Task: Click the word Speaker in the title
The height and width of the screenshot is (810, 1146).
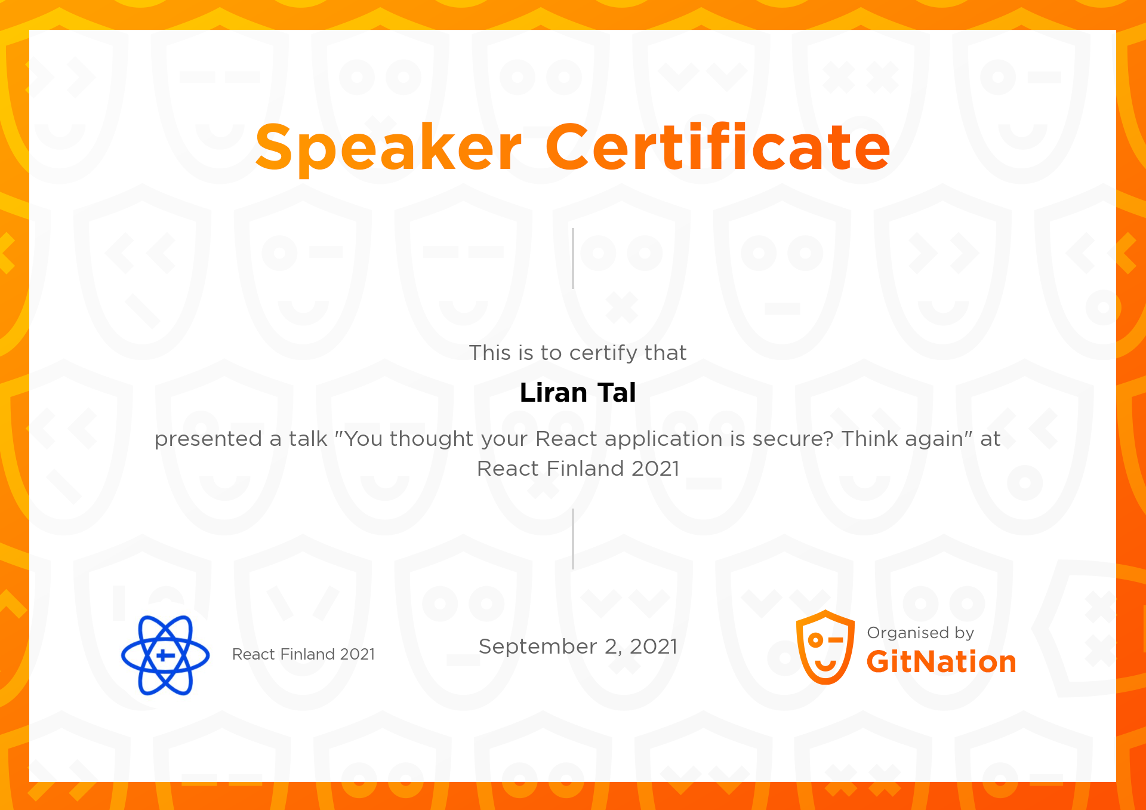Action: click(x=388, y=147)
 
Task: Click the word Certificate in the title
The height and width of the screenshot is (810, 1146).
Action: click(x=717, y=147)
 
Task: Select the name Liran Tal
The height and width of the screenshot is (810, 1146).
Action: click(x=578, y=393)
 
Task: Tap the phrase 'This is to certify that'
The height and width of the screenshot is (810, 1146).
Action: click(x=578, y=353)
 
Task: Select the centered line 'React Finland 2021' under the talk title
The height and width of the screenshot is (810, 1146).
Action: click(x=578, y=469)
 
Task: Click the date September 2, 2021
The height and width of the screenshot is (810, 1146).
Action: click(x=578, y=646)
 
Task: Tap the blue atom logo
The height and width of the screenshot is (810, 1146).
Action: click(x=165, y=655)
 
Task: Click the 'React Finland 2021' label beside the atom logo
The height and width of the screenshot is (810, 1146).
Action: click(x=303, y=654)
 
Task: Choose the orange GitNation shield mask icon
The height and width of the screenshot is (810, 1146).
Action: click(x=825, y=647)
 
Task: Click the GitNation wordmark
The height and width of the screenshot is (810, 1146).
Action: click(x=941, y=662)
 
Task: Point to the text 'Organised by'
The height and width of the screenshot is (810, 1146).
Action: click(x=920, y=633)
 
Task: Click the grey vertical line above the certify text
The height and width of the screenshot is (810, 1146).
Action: click(x=573, y=258)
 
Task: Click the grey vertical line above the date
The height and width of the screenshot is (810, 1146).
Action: click(x=573, y=539)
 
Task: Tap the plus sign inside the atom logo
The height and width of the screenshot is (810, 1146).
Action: click(x=165, y=655)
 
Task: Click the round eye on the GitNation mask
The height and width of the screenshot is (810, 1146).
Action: click(x=815, y=640)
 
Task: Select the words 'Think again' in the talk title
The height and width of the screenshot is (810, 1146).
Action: click(x=902, y=439)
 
